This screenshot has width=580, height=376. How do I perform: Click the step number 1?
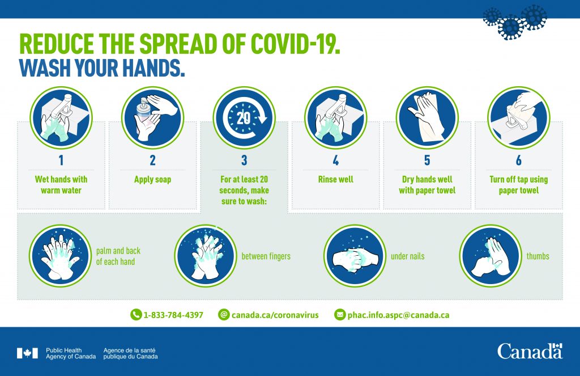[61, 160]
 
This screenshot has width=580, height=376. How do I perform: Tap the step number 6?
[519, 160]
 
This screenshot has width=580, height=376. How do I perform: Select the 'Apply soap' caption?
[152, 180]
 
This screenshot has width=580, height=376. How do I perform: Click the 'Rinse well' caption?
[335, 179]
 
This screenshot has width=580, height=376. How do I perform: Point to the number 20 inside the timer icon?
[244, 118]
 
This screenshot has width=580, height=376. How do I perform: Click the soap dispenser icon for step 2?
[152, 118]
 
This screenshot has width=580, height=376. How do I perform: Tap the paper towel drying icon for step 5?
[427, 118]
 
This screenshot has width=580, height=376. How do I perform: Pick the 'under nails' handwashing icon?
[355, 256]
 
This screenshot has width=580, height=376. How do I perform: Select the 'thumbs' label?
[538, 256]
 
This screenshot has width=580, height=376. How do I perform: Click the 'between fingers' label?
[266, 256]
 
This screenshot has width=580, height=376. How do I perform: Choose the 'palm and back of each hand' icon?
[60, 256]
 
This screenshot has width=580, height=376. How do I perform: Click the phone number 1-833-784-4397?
[173, 315]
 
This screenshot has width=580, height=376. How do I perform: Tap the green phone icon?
[136, 315]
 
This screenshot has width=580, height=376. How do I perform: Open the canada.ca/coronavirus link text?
[275, 315]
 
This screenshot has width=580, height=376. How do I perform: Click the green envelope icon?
[340, 315]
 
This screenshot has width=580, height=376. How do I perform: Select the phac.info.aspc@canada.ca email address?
[398, 315]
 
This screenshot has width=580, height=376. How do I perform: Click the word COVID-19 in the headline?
[295, 44]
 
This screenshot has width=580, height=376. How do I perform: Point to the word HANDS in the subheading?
[153, 68]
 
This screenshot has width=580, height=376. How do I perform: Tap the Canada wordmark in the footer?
[530, 351]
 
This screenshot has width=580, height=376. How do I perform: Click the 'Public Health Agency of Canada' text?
[71, 353]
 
